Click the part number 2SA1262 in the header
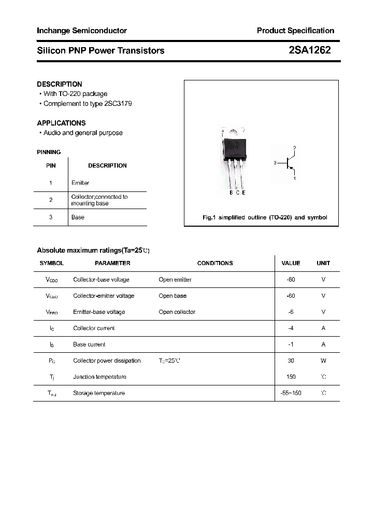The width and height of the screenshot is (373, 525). pyautogui.click(x=309, y=50)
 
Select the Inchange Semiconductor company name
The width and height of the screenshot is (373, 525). pyautogui.click(x=82, y=31)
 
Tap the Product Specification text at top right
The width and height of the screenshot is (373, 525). pyautogui.click(x=295, y=31)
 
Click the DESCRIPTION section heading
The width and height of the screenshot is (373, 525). pyautogui.click(x=60, y=84)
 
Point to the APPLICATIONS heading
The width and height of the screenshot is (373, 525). pyautogui.click(x=61, y=123)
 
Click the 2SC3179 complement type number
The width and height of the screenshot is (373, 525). pyautogui.click(x=118, y=104)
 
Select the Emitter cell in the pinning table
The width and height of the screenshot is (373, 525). pyautogui.click(x=80, y=183)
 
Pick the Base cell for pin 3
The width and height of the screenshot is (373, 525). pyautogui.click(x=78, y=217)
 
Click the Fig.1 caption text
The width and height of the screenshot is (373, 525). pyautogui.click(x=264, y=218)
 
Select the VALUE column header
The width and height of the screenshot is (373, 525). pyautogui.click(x=291, y=263)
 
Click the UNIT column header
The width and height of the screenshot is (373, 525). pyautogui.click(x=323, y=263)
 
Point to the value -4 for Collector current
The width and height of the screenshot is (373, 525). pyautogui.click(x=291, y=328)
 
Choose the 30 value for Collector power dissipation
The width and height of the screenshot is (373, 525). pyautogui.click(x=291, y=361)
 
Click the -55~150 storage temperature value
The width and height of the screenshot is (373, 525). pyautogui.click(x=291, y=393)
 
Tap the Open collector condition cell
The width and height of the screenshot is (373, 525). pyautogui.click(x=177, y=312)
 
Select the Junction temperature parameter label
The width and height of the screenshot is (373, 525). pyautogui.click(x=99, y=377)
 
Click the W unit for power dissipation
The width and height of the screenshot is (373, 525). pyautogui.click(x=323, y=361)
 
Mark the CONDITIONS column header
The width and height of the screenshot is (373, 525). pyautogui.click(x=215, y=263)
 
